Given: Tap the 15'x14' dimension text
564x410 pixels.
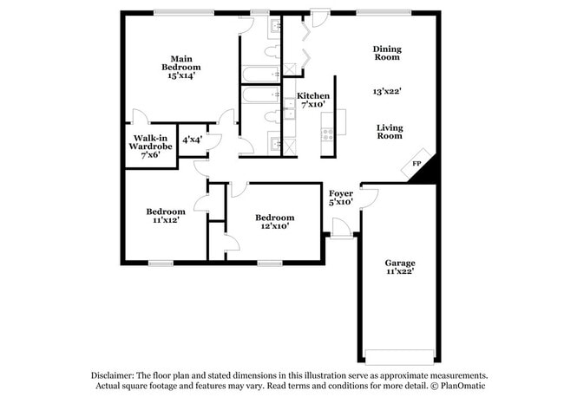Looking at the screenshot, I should [x=181, y=75].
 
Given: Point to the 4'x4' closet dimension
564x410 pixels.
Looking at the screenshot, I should [x=191, y=139].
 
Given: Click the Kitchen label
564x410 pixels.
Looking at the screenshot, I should [x=312, y=95].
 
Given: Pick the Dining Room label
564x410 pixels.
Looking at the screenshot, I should [x=387, y=53].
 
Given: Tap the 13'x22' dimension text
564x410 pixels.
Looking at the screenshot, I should [x=386, y=90].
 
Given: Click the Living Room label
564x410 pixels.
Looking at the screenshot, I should [x=390, y=132].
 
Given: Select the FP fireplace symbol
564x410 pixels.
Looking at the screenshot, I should [x=416, y=164].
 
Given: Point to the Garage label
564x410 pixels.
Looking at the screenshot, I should [x=400, y=263].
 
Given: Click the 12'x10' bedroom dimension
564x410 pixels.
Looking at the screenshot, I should [x=274, y=226].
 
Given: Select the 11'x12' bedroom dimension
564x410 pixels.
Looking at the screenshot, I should [x=165, y=221].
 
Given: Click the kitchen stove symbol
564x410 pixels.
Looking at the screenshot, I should [x=328, y=135].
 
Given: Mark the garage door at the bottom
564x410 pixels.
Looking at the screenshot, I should [x=400, y=356].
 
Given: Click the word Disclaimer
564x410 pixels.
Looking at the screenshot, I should [x=115, y=376].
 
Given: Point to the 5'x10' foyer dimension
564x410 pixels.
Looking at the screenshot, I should [x=341, y=202].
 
